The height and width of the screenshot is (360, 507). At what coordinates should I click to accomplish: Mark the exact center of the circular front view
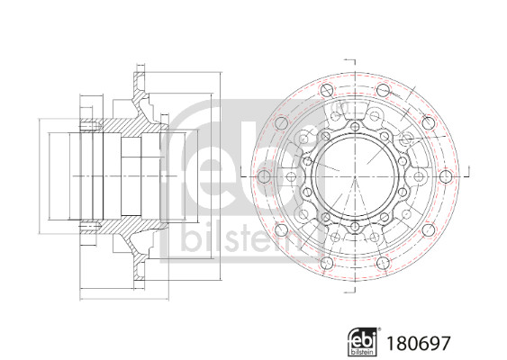356,175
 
